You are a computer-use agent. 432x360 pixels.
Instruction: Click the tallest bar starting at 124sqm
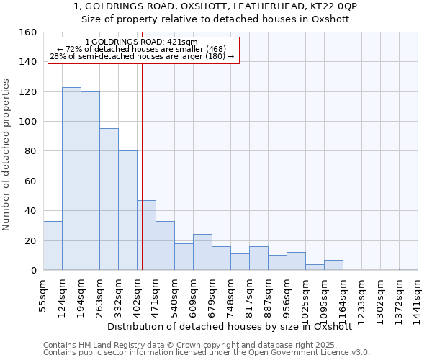[71, 179]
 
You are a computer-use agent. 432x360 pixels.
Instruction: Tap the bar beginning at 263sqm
[109, 199]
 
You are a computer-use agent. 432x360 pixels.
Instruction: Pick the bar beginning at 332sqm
[127, 210]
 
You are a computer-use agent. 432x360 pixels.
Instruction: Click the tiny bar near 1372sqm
[408, 269]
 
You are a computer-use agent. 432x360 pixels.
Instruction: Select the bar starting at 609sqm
[202, 252]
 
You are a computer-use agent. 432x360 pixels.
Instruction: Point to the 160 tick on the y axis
[29, 32]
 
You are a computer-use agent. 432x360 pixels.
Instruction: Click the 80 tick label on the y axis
[29, 152]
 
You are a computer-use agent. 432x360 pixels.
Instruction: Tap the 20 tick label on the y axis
[29, 241]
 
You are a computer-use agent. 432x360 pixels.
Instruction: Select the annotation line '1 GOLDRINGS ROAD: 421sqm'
[140, 42]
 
